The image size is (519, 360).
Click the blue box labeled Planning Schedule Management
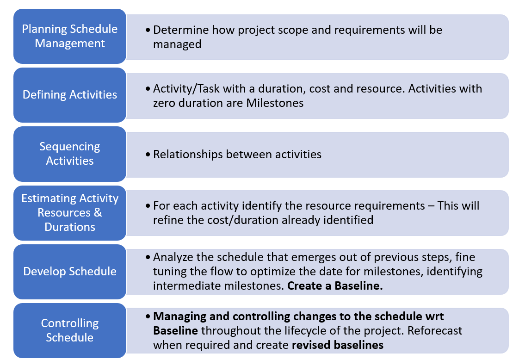70,36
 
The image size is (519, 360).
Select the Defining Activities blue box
70,95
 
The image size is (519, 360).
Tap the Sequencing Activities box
70,154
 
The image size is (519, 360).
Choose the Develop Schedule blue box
70,271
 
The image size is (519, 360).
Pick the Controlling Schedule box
70,330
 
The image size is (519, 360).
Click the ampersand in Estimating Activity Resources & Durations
98,213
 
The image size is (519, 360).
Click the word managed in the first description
177,44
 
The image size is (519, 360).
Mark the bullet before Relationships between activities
148,155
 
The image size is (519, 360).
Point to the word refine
167,220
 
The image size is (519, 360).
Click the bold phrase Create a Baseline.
335,286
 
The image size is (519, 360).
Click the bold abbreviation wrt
434,317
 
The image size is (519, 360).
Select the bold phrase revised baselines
338,345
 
